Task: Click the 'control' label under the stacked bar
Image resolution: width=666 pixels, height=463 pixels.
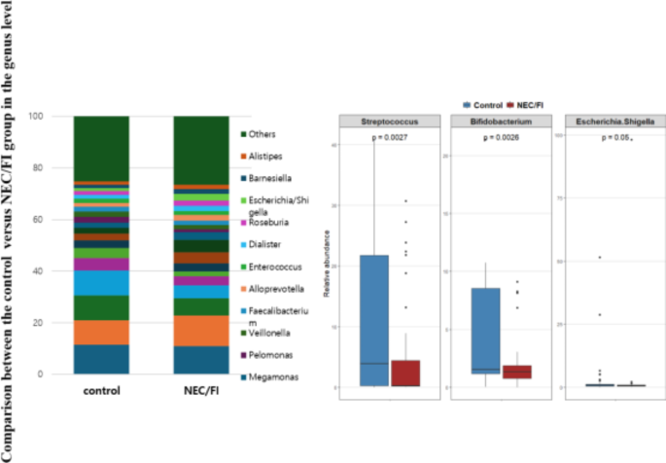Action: coord(102,392)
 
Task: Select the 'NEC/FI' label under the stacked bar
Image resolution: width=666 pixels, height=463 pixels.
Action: coord(201,392)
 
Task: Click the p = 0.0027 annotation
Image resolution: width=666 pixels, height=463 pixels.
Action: coord(392,138)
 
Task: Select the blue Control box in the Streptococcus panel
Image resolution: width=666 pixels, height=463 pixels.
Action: coord(374,321)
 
